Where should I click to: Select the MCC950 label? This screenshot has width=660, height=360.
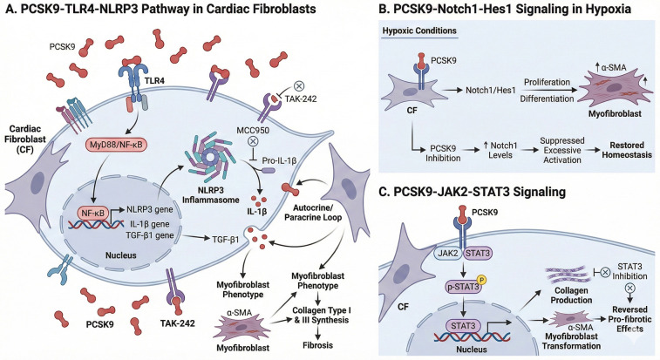point(253,130)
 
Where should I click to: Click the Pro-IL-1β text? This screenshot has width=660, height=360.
point(279,160)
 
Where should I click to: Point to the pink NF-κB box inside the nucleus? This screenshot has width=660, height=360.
point(92,213)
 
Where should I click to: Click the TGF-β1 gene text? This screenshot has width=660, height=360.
point(149,235)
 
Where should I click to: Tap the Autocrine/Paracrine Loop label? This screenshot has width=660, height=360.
point(313,213)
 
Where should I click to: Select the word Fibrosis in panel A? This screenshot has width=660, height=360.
point(317,345)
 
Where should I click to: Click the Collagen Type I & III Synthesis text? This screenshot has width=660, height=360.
point(321,315)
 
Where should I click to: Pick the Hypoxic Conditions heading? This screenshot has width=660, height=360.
point(419,31)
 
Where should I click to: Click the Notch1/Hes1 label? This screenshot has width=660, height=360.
point(486,90)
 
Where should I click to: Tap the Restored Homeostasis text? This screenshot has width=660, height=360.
point(627,150)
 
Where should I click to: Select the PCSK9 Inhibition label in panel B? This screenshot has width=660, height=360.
point(442,153)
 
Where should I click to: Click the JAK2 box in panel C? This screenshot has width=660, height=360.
point(447,253)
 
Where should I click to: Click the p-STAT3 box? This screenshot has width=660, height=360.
point(462,287)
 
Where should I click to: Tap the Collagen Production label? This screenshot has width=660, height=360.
point(571,295)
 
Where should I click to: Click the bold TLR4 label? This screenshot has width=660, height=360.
point(154,80)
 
